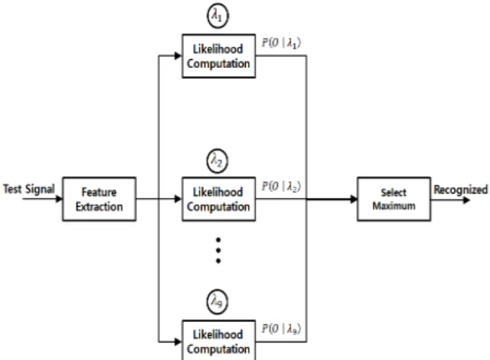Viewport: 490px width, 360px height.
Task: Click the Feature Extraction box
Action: pyautogui.click(x=99, y=199)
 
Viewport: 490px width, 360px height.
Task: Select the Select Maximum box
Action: pyautogui.click(x=394, y=199)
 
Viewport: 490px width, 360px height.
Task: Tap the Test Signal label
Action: pyautogui.click(x=28, y=189)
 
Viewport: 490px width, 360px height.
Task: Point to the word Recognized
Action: pyautogui.click(x=461, y=189)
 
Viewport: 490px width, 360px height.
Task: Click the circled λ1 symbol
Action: pyautogui.click(x=218, y=15)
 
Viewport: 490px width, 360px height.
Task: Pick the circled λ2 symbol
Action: pyautogui.click(x=218, y=161)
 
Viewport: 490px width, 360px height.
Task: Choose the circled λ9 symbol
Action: pyautogui.click(x=218, y=302)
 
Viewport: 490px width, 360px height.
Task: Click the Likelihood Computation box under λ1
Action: pyautogui.click(x=219, y=56)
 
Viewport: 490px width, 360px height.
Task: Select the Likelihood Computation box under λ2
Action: pyautogui.click(x=219, y=199)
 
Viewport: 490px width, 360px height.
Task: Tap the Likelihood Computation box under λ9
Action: pyautogui.click(x=219, y=340)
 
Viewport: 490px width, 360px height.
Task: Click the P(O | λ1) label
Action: pyautogui.click(x=281, y=43)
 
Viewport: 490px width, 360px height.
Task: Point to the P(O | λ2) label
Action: pyautogui.click(x=281, y=186)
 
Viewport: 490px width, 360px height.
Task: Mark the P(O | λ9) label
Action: pyautogui.click(x=281, y=329)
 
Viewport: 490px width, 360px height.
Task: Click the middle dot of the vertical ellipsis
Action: pyautogui.click(x=218, y=250)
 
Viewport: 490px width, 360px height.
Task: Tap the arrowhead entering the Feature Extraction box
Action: pyautogui.click(x=59, y=199)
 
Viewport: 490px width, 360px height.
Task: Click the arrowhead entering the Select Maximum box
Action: pyautogui.click(x=353, y=199)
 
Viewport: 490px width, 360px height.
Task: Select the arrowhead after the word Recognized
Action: pyautogui.click(x=466, y=200)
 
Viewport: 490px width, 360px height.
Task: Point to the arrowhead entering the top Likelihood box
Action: pyautogui.click(x=178, y=56)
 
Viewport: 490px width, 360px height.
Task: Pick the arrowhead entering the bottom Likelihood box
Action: pyautogui.click(x=178, y=342)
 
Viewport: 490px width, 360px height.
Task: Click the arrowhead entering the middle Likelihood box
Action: pyautogui.click(x=178, y=199)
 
